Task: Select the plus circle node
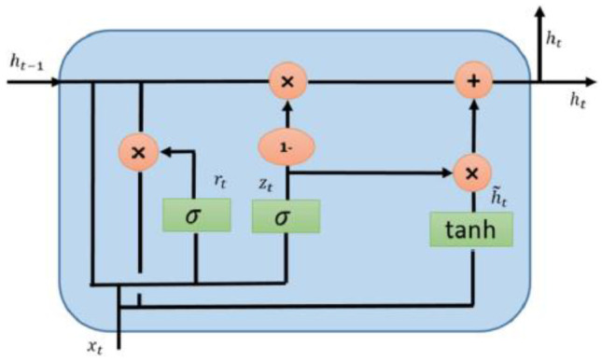point(473,81)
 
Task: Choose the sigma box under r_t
point(196,215)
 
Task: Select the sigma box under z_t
point(287,215)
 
